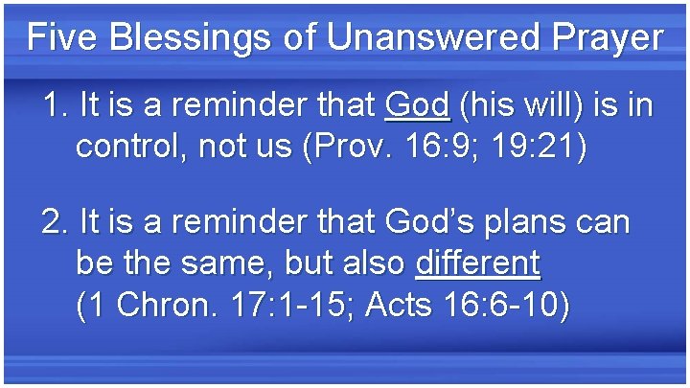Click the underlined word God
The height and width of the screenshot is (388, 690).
417,104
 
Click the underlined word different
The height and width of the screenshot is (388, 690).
477,262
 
